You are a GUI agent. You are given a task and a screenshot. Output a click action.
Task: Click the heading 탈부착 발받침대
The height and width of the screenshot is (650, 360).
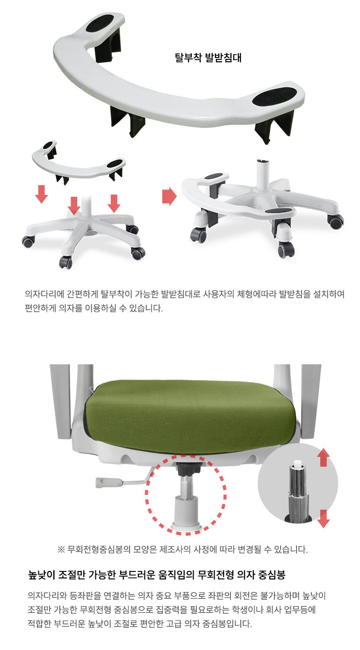(x=208, y=58)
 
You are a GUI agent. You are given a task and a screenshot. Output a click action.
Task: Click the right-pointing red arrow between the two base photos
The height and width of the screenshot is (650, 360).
(x=169, y=196)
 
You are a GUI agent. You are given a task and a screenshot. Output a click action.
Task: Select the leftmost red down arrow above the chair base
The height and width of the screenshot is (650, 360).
(x=42, y=194)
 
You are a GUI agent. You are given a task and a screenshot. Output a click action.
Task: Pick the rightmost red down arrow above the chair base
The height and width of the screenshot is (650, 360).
(x=114, y=203)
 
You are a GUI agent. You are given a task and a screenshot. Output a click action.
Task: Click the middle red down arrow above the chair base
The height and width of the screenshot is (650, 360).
(x=74, y=205)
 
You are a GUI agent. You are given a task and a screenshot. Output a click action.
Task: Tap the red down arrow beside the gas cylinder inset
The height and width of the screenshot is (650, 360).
(x=324, y=519)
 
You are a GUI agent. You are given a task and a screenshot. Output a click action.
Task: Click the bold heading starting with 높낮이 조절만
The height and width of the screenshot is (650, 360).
(x=157, y=575)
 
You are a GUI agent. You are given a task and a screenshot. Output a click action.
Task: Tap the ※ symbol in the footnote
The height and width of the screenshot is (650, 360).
(x=61, y=549)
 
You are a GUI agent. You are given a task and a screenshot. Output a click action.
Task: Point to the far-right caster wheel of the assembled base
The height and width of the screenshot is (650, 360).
(x=336, y=221)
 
